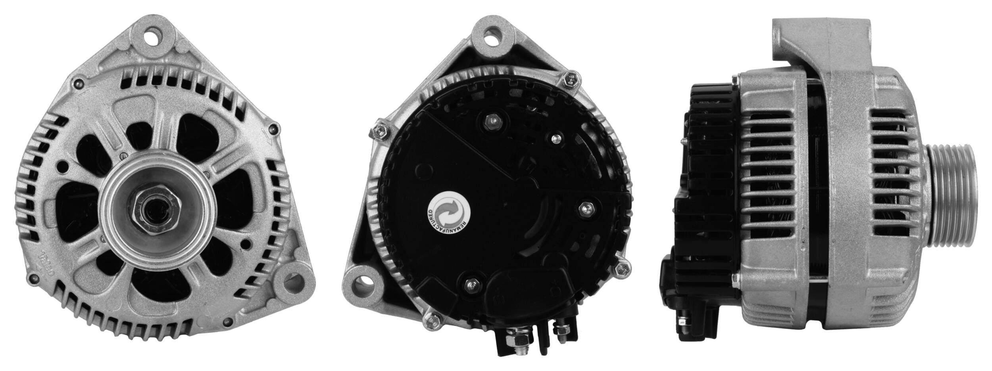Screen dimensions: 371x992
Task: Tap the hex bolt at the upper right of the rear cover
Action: pos(571,91)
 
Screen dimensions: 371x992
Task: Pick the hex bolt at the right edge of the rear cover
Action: pos(620,270)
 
